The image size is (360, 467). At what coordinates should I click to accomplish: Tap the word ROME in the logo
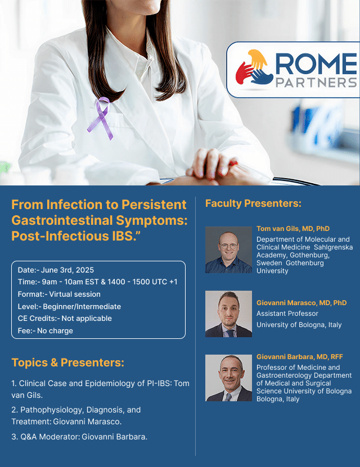coord(317,64)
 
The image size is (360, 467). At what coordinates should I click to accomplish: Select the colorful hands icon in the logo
coord(254,67)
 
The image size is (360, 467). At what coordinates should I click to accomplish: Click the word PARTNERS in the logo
coord(317,83)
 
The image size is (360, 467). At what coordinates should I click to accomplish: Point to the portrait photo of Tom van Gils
coord(228,250)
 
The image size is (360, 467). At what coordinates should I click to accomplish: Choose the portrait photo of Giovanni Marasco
coord(228,314)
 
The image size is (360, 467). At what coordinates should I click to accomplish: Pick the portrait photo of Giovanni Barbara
coord(228,378)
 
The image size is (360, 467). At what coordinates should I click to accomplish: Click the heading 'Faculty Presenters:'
coord(253,203)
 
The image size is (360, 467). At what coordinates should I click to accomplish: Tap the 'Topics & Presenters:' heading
coord(67,362)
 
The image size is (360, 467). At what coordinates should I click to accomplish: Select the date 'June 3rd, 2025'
coord(67,270)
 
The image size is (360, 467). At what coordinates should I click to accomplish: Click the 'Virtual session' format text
coord(75,294)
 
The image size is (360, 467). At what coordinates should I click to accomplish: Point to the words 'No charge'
coord(55,331)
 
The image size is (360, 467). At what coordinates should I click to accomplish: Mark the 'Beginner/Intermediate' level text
coord(82,306)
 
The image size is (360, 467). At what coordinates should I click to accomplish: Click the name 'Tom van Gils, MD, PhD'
coord(293,229)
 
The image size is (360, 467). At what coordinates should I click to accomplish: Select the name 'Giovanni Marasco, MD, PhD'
coord(301,303)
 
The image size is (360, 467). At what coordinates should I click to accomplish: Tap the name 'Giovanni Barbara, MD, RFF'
coord(300,357)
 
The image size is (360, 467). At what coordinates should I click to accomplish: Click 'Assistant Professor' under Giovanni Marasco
coord(287,314)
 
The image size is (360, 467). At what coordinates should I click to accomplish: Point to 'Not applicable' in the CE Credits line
coord(87,319)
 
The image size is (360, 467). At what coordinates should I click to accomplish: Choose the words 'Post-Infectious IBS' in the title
coord(72,236)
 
